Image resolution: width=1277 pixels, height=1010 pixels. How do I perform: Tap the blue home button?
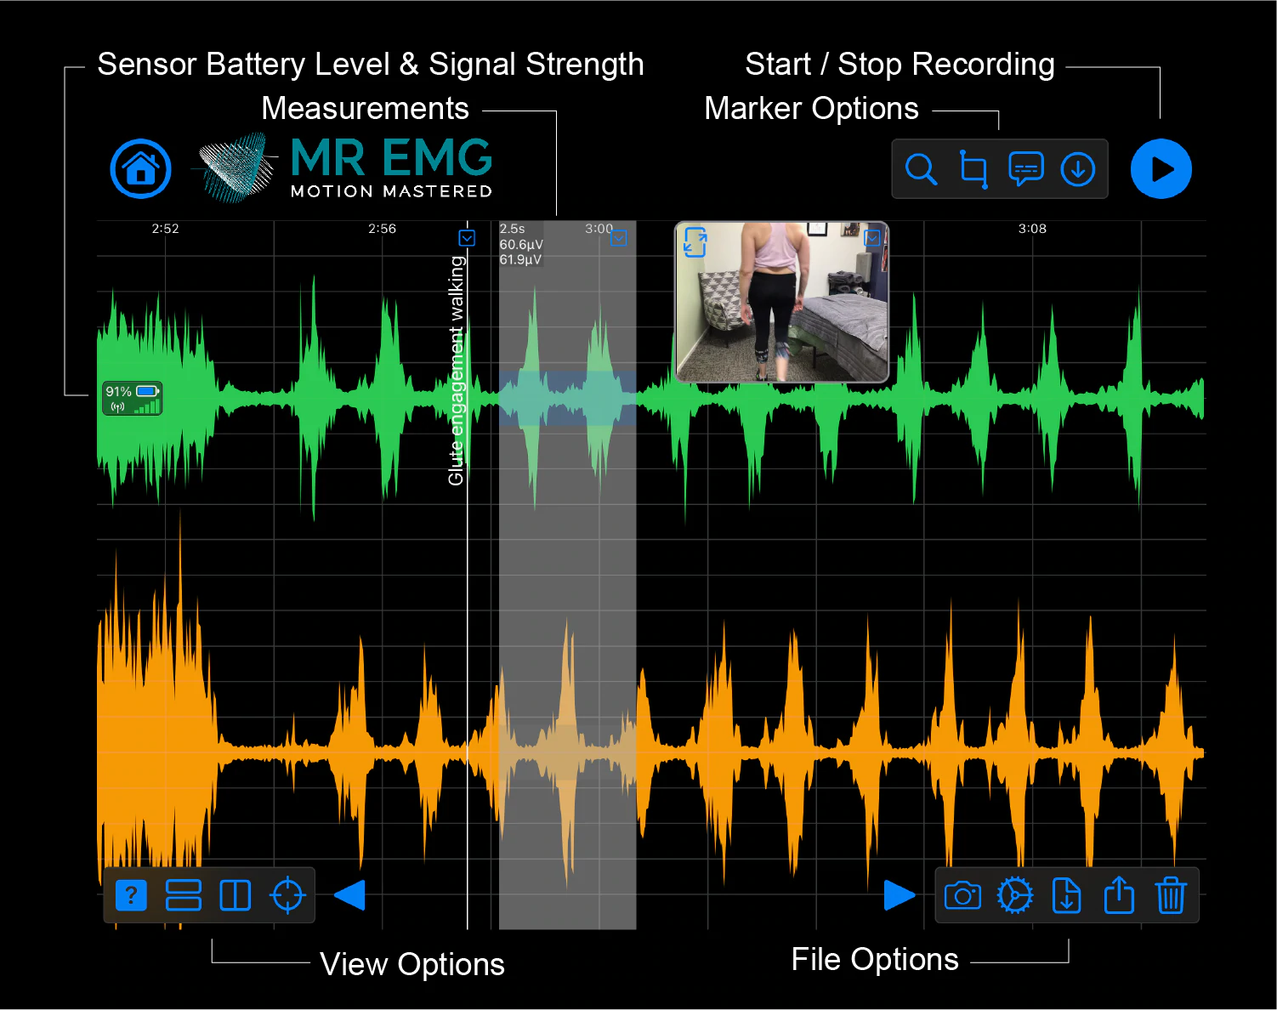pos(140,168)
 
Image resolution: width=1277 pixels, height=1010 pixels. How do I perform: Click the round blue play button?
pos(1161,168)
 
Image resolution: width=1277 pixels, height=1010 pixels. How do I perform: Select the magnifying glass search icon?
pos(921,169)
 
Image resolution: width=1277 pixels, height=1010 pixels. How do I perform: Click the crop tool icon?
pos(973,169)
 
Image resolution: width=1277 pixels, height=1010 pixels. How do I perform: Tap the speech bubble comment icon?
pos(1025,169)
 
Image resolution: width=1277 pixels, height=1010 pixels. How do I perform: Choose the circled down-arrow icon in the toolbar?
pos(1077,169)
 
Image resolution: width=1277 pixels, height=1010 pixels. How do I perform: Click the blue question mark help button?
pos(131,895)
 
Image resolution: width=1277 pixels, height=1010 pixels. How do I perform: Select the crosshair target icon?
pos(287,895)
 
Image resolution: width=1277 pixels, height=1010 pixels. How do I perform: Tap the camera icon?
pos(962,895)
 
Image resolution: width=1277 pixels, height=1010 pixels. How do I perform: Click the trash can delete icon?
pos(1171,895)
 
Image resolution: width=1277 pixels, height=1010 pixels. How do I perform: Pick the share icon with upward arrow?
pos(1119,895)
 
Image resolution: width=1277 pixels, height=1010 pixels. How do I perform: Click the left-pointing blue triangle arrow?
pos(349,895)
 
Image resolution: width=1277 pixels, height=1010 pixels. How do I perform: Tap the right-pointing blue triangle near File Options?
pos(899,895)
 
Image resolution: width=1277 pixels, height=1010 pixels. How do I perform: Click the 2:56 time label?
pos(382,229)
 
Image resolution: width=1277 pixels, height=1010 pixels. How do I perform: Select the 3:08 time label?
pos(1032,229)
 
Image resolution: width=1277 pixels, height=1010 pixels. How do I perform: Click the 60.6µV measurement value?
pos(521,245)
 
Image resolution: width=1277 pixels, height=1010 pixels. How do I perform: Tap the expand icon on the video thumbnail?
pos(695,242)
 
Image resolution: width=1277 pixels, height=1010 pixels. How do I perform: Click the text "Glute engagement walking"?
pos(457,371)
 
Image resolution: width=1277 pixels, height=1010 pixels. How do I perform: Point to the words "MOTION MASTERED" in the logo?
pos(391,191)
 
